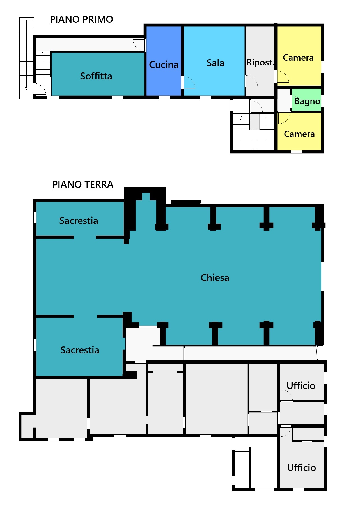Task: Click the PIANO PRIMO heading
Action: pyautogui.click(x=81, y=19)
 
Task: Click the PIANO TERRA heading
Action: pyautogui.click(x=83, y=184)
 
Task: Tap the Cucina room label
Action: pyautogui.click(x=164, y=65)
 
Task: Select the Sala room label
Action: pyautogui.click(x=215, y=63)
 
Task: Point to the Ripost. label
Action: pyautogui.click(x=260, y=62)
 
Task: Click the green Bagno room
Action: pyautogui.click(x=306, y=100)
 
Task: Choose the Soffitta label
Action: pyautogui.click(x=96, y=76)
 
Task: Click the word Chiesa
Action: pyautogui.click(x=215, y=278)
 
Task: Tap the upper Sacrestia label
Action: pyautogui.click(x=79, y=221)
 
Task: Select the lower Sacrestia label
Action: pyautogui.click(x=80, y=350)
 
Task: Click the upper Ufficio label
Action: pyautogui.click(x=301, y=386)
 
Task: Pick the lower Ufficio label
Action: pyautogui.click(x=301, y=468)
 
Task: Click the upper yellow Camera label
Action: pyautogui.click(x=298, y=58)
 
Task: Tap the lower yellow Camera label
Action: pyautogui.click(x=299, y=134)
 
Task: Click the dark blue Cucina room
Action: pyautogui.click(x=164, y=61)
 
